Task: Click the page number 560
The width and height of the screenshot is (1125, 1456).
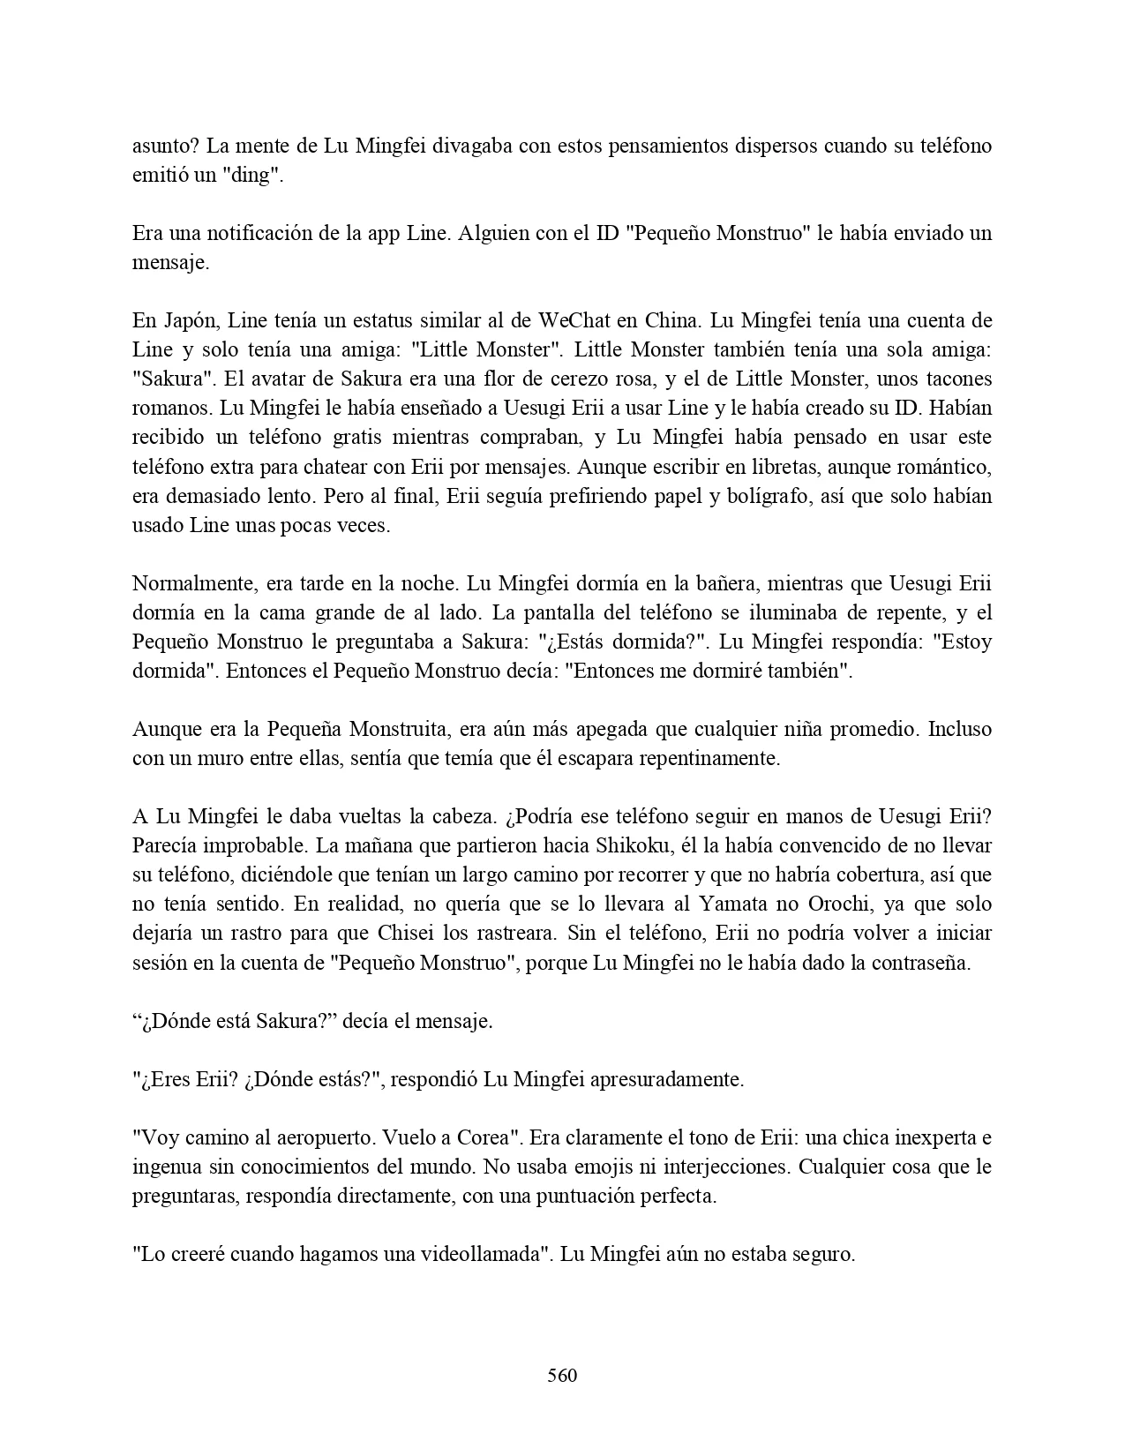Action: [562, 1375]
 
